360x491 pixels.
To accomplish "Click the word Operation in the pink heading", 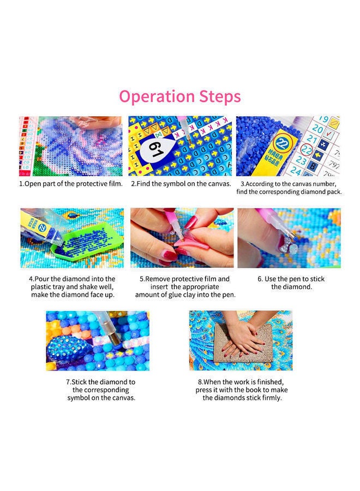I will point(158,97).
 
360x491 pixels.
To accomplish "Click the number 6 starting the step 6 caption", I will point(260,279).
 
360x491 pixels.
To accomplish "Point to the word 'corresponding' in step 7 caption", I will point(101,390).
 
